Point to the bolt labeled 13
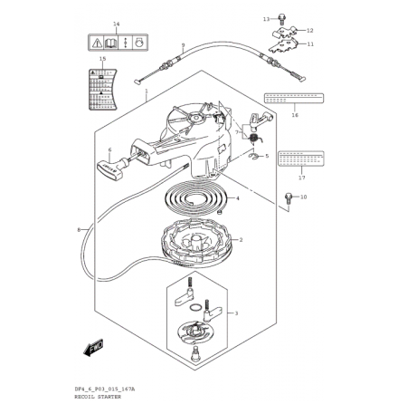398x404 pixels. point(267,17)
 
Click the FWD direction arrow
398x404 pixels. point(94,345)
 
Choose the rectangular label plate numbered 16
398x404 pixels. point(288,98)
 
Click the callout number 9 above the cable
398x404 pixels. point(183,43)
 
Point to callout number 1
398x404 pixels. point(147,91)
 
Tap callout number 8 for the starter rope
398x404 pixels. point(79,229)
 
